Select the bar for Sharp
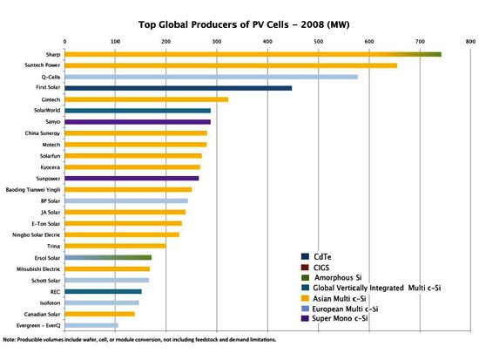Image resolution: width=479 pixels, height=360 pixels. click(253, 54)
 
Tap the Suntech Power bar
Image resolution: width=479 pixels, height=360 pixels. click(231, 65)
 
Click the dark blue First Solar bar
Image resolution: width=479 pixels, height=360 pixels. click(178, 88)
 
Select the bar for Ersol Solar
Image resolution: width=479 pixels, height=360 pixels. click(108, 257)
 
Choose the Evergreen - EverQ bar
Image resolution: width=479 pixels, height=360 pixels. click(78, 324)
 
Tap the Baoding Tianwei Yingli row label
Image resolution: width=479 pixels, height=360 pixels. click(33, 189)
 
